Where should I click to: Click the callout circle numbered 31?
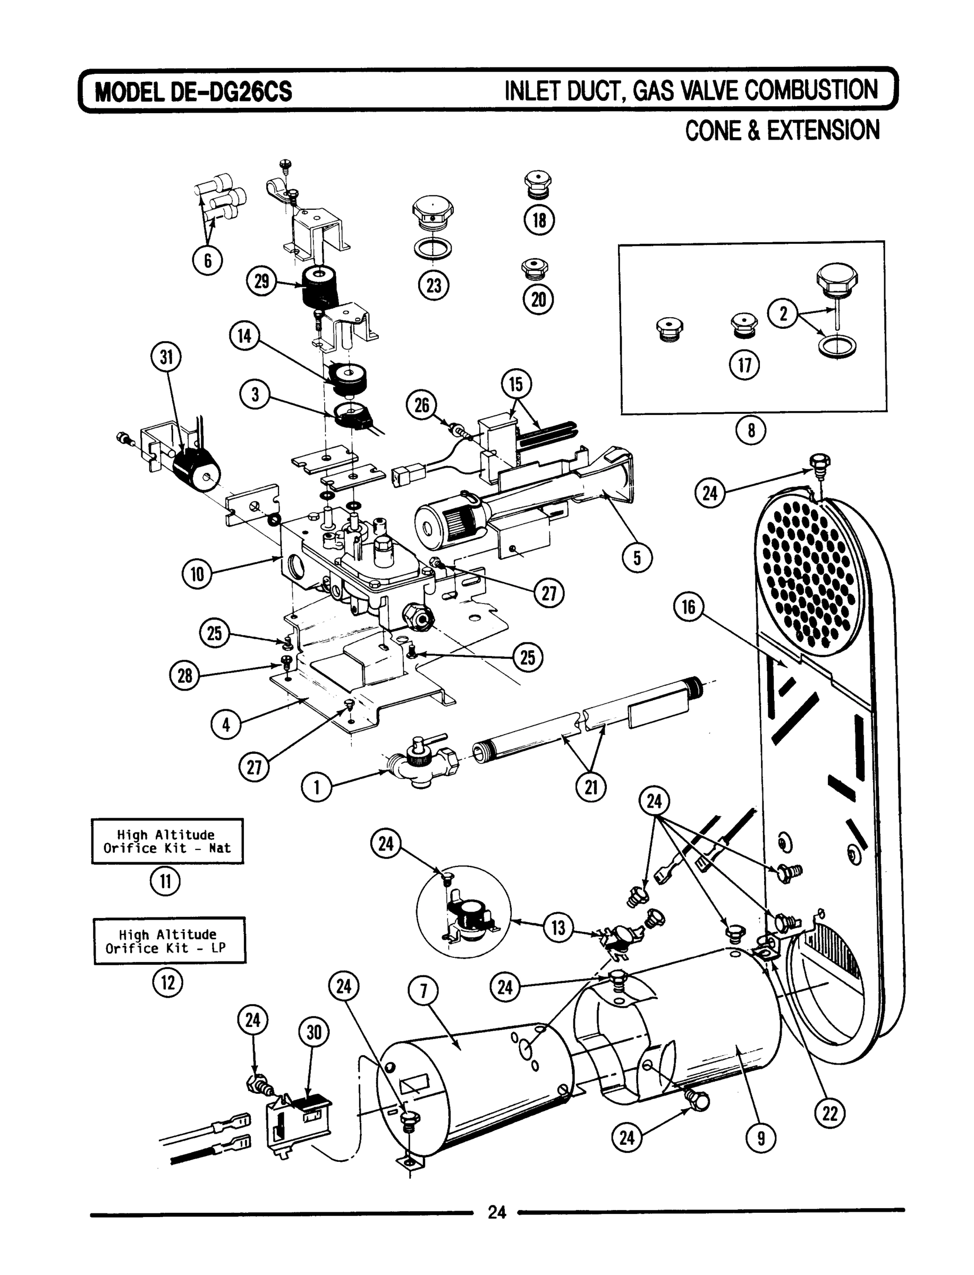(x=166, y=357)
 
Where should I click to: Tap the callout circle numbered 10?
(x=197, y=574)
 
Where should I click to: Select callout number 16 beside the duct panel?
(x=688, y=607)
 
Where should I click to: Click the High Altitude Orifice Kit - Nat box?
(x=167, y=841)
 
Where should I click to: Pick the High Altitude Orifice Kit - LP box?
(x=170, y=941)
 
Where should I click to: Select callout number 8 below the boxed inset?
(x=751, y=431)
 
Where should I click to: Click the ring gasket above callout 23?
(x=434, y=248)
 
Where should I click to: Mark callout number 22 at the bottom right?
(x=829, y=1113)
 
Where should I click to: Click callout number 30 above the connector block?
(x=314, y=1033)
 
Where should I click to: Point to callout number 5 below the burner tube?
(x=637, y=558)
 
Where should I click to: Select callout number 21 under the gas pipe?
(x=591, y=788)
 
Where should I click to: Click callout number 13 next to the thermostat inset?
(x=558, y=928)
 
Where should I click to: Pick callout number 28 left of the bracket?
(x=184, y=676)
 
